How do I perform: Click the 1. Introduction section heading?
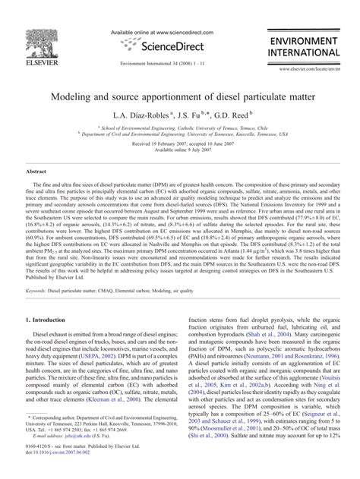49,343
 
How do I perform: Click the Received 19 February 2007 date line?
179,142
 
